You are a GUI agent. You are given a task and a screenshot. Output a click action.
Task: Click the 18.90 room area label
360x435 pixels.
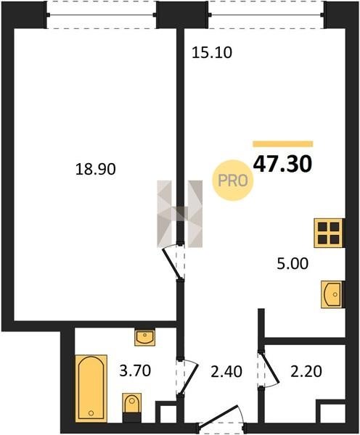[96, 169]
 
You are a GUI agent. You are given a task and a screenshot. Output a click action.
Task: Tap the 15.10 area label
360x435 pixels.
[212, 53]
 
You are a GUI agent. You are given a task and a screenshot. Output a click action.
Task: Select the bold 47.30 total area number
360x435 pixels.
[283, 164]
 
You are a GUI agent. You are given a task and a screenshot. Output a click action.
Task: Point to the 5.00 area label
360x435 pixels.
[292, 264]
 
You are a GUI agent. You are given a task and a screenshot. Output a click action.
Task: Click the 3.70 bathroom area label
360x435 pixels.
[135, 371]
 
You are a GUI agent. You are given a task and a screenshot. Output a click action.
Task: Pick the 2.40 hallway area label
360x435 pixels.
[226, 372]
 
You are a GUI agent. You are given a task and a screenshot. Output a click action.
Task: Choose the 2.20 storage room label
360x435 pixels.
[306, 372]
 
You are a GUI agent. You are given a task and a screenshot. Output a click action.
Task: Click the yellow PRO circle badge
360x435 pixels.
[233, 181]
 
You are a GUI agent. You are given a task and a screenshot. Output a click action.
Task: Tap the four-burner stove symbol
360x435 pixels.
[329, 233]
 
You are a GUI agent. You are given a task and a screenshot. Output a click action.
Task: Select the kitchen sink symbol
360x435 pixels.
[332, 294]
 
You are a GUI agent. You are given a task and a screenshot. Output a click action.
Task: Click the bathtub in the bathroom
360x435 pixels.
[91, 389]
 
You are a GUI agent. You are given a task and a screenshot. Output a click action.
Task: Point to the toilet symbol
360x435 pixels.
[132, 407]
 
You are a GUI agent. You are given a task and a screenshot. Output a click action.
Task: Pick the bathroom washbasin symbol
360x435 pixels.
[144, 337]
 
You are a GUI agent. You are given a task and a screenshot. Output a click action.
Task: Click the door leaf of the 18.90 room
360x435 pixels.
[172, 262]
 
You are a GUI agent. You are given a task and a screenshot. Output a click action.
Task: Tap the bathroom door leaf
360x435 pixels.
[189, 379]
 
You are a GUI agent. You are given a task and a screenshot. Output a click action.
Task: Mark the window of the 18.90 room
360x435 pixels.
[102, 14]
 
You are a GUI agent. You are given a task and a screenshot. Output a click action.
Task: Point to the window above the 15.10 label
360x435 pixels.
[266, 14]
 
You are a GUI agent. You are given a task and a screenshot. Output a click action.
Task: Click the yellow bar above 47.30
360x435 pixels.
[283, 144]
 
